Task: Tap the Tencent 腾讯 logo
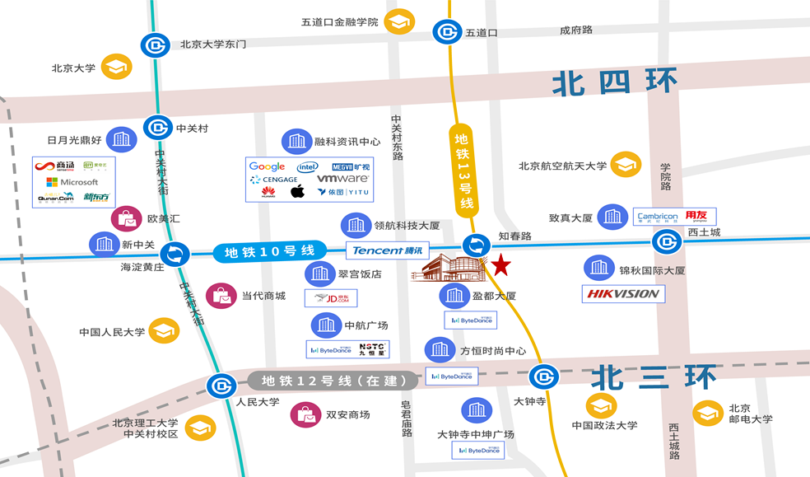pos(388,250)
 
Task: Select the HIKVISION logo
pos(623,293)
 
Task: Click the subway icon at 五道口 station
pos(446,33)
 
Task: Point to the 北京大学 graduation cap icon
pos(116,68)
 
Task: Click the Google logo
pos(267,166)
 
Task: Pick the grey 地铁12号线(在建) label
pos(329,381)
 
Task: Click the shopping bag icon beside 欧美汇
pos(126,219)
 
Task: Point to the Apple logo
pos(298,192)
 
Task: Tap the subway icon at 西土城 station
pos(667,242)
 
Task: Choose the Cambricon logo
pos(658,217)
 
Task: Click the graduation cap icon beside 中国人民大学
pos(164,332)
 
